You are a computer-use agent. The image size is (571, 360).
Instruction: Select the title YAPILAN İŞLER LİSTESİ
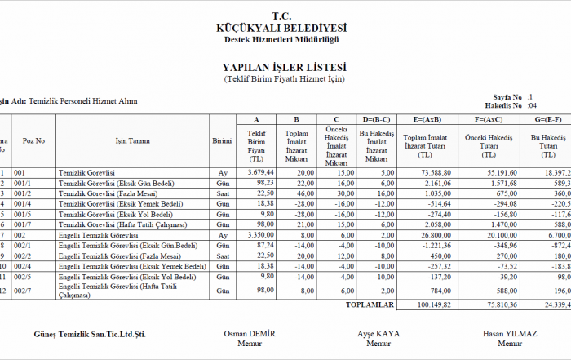[x=285, y=67]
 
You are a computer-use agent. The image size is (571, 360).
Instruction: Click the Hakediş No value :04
[x=532, y=106]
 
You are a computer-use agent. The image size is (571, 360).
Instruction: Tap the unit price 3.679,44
[x=256, y=173]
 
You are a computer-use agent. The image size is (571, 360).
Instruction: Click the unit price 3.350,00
[x=256, y=235]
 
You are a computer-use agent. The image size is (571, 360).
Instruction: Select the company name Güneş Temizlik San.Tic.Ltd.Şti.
[x=91, y=334]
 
